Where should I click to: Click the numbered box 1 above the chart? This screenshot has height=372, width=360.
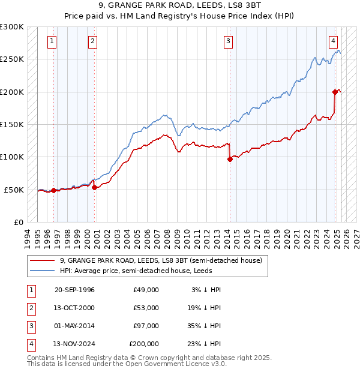53,41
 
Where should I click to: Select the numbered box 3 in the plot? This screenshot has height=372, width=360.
229,41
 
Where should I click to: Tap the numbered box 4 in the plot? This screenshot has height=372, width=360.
332,41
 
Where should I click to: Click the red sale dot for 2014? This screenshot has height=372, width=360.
230,159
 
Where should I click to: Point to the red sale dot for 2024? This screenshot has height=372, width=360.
335,92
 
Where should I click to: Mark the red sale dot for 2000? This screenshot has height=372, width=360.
95,188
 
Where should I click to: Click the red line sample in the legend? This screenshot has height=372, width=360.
42,261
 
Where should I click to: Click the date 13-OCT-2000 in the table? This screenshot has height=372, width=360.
74,308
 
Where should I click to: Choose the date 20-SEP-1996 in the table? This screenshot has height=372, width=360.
74,290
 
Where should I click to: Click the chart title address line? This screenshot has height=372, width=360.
179,8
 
